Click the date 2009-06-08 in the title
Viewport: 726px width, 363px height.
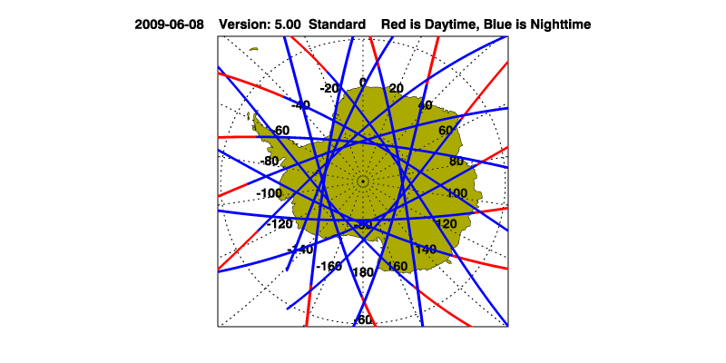click(170, 25)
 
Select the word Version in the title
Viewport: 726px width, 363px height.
click(245, 25)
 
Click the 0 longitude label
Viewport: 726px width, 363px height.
click(363, 82)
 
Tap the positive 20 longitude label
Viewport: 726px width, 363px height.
click(397, 88)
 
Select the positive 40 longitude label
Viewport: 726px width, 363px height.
click(425, 105)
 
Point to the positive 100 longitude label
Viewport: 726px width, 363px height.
click(456, 193)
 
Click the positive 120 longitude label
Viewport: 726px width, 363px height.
click(446, 223)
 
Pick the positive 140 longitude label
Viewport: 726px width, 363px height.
click(426, 249)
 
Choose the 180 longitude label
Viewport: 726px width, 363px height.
click(363, 272)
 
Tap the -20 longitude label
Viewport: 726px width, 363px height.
click(329, 88)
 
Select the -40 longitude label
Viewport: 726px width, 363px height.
click(299, 105)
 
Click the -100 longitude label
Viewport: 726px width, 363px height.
click(269, 193)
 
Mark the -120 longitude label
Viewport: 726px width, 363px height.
click(280, 223)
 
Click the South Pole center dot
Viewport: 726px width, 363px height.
click(363, 181)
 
